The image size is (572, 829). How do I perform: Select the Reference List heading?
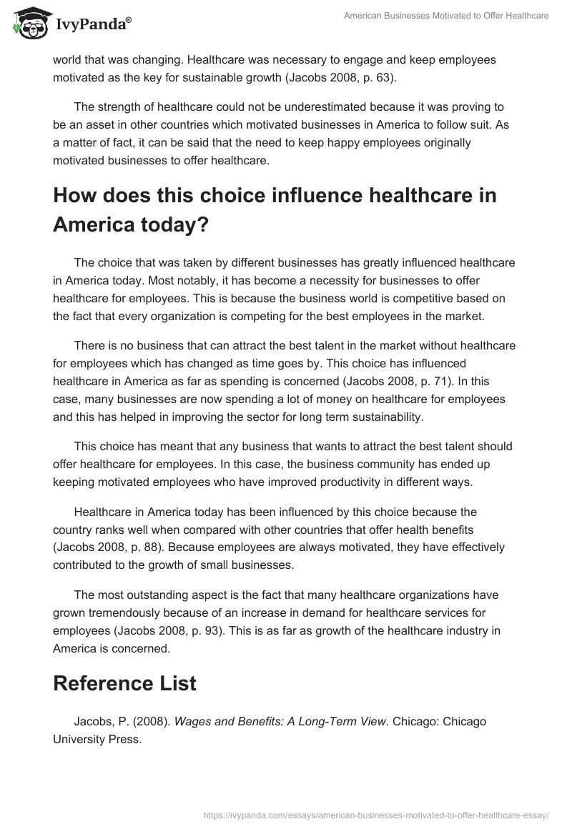click(x=124, y=682)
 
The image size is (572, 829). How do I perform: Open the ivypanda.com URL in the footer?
click(x=375, y=814)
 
